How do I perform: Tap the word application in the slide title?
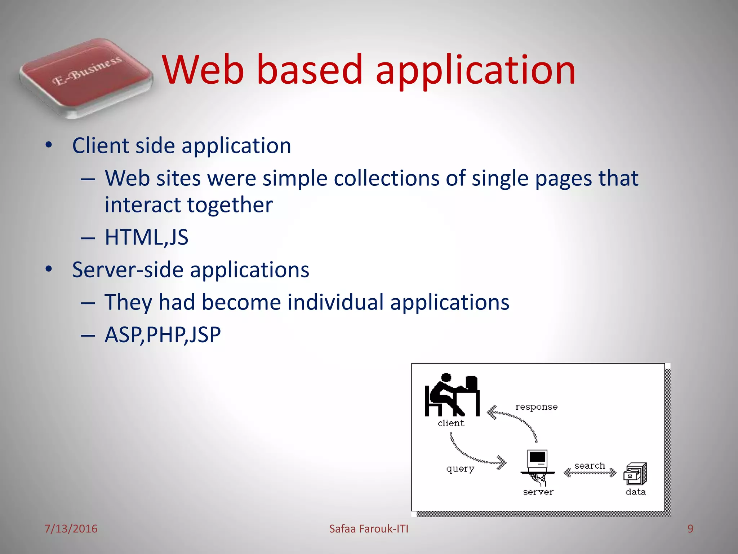coord(476,70)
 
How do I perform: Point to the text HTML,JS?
coord(146,237)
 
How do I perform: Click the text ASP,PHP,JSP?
coord(163,335)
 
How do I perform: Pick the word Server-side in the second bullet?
coord(128,270)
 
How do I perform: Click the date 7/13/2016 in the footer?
coord(71,529)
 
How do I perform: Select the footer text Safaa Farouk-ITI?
coord(369,529)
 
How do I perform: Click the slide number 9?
coord(690,529)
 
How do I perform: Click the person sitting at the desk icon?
coord(452,395)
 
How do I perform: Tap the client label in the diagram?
coord(451,423)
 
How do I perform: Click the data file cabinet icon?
coord(635,474)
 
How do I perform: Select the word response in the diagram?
coord(536,407)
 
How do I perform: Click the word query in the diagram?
coord(460,469)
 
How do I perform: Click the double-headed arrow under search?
coord(590,473)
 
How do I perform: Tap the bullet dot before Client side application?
coord(49,146)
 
